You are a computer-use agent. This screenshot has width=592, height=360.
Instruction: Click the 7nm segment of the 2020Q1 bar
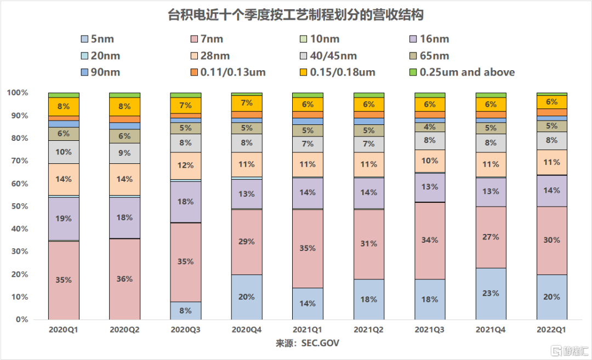(64, 280)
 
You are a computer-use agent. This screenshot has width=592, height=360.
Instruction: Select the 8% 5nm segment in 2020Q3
(186, 310)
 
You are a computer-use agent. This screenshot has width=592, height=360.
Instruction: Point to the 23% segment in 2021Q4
(491, 293)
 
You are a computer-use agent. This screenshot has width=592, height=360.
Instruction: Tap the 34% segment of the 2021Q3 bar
(429, 240)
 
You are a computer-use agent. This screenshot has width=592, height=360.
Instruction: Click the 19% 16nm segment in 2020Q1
(64, 219)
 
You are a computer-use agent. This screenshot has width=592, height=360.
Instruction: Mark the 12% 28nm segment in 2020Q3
(186, 165)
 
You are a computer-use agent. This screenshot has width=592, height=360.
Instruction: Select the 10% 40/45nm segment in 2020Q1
(64, 152)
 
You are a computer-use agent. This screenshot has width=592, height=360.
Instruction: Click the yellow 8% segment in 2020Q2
(124, 107)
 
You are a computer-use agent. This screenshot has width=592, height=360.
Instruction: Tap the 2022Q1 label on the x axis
(551, 330)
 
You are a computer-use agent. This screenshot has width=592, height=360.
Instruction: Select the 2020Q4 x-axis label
(247, 330)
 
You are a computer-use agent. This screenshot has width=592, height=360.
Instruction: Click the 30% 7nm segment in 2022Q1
(551, 240)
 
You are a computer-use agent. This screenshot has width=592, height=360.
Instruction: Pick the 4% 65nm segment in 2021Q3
(429, 127)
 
